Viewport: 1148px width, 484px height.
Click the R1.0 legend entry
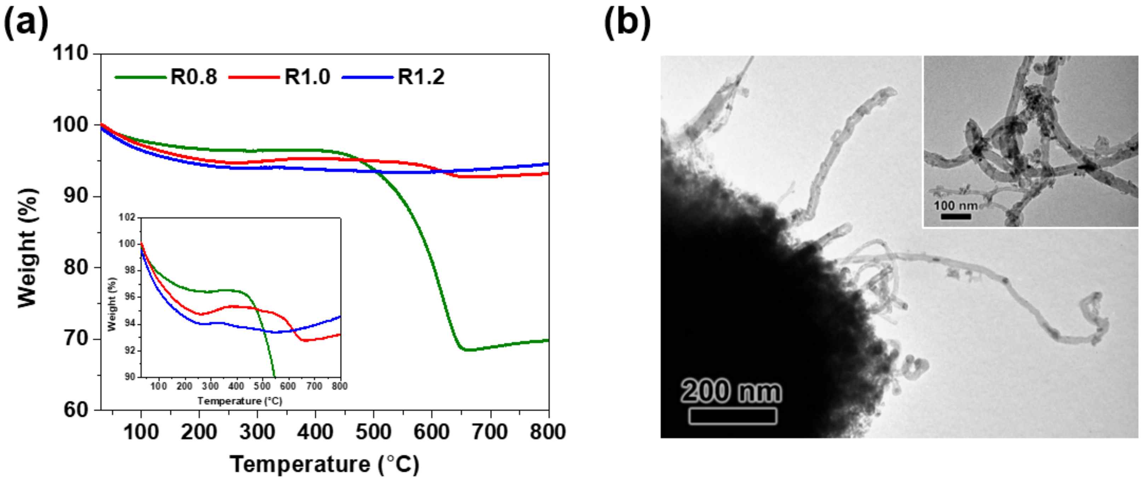pyautogui.click(x=307, y=77)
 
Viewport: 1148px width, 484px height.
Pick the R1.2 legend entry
pyautogui.click(x=421, y=77)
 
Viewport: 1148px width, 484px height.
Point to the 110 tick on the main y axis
pyautogui.click(x=71, y=53)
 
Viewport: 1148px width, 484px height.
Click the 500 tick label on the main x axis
pyautogui.click(x=373, y=432)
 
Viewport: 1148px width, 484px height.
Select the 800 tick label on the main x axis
pyautogui.click(x=548, y=432)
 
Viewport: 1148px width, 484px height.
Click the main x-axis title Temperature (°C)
pyautogui.click(x=325, y=465)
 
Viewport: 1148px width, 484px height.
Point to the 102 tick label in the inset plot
pyautogui.click(x=127, y=218)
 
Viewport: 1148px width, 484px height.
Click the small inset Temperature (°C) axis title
pyautogui.click(x=240, y=401)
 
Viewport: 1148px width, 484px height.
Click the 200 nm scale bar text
pyautogui.click(x=731, y=391)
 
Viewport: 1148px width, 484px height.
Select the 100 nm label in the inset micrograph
pyautogui.click(x=955, y=206)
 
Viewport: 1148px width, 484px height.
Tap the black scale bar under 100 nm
pyautogui.click(x=955, y=217)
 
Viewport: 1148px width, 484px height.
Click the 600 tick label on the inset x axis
pyautogui.click(x=288, y=386)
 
